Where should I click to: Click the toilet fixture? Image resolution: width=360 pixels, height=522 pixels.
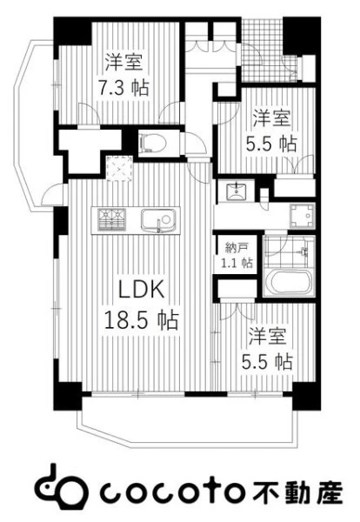coord(153,143)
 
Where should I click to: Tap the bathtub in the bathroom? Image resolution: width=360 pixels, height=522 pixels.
coord(289,283)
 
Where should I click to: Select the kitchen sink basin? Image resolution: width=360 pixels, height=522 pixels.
coord(157,220)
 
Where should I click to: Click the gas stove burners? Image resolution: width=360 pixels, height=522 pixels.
coord(112,218)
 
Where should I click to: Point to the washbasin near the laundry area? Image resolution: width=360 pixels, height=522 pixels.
coord(236,191)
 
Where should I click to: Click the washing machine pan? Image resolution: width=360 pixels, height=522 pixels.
coord(302,216)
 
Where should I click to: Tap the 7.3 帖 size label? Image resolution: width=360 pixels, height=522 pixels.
coord(123,88)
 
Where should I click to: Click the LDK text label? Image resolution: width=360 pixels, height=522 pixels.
coord(142,289)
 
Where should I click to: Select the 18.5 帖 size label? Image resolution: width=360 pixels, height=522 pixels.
coord(142,319)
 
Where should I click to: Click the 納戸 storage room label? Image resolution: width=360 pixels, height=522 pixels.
coord(236,248)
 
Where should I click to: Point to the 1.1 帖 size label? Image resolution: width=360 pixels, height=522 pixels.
coord(237,263)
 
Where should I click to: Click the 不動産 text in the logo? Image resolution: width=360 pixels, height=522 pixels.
coord(298,491)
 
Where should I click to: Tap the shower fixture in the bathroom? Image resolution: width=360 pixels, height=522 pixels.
coord(303,251)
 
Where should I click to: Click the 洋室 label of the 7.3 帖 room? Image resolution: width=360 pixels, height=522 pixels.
coord(124,62)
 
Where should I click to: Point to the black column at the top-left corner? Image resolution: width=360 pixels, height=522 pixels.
coord(72,30)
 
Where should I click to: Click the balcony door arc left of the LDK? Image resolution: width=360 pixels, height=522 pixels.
coord(52,195)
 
